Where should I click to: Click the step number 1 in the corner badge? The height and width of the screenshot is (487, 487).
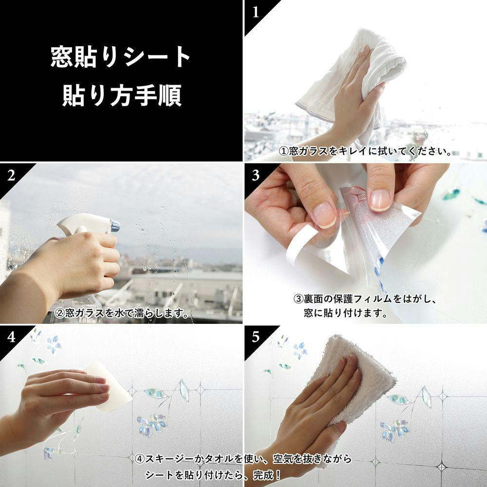click(256, 13)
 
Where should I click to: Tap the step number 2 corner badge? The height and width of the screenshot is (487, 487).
click(11, 176)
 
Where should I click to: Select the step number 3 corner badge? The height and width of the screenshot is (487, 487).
click(256, 176)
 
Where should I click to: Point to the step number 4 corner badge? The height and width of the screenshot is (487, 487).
click(11, 337)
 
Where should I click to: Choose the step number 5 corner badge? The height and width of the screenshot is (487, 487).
click(256, 337)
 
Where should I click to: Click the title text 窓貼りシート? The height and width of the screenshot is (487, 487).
click(120, 56)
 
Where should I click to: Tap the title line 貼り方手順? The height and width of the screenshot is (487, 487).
click(122, 95)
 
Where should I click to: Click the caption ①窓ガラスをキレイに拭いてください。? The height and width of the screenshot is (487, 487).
click(366, 151)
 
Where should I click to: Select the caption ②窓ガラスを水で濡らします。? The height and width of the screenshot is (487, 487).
click(122, 313)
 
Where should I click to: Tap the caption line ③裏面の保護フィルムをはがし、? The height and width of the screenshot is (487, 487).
click(365, 299)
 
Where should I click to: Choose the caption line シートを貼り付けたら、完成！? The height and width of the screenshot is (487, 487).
click(214, 475)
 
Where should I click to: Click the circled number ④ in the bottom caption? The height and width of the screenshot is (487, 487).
click(140, 459)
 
